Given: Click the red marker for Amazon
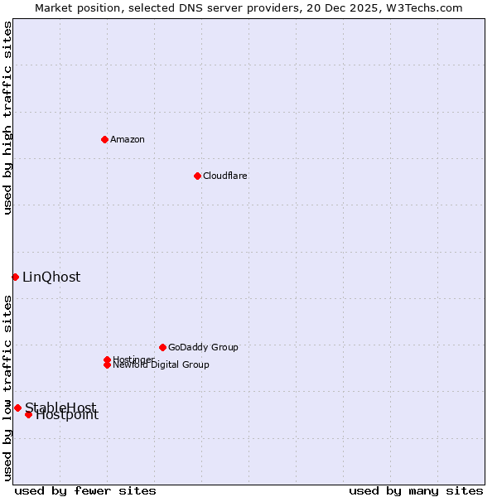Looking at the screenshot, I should (x=104, y=139).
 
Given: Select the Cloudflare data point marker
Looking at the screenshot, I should (x=197, y=176).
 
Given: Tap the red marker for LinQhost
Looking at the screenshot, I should (x=15, y=277).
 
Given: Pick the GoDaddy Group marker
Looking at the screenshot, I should (x=162, y=347).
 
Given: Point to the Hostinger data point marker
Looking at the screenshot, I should (x=107, y=359).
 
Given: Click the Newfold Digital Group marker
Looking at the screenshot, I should (x=107, y=365).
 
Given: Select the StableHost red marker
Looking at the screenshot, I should (x=17, y=408).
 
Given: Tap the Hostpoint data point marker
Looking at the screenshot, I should (x=28, y=414).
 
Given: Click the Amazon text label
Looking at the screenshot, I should (x=128, y=139).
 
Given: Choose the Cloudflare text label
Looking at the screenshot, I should (x=225, y=176).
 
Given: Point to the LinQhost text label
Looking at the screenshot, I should (x=51, y=277).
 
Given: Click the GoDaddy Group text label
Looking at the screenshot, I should (x=203, y=347).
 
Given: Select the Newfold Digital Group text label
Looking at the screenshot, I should (x=162, y=365).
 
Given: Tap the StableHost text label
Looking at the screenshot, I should (x=60, y=407).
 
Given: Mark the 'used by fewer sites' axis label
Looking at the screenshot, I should (x=85, y=490).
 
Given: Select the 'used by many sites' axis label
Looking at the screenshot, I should (x=416, y=490).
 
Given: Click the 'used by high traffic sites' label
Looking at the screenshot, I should (x=7, y=118).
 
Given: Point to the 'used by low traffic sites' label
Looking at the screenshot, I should (x=7, y=388).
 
